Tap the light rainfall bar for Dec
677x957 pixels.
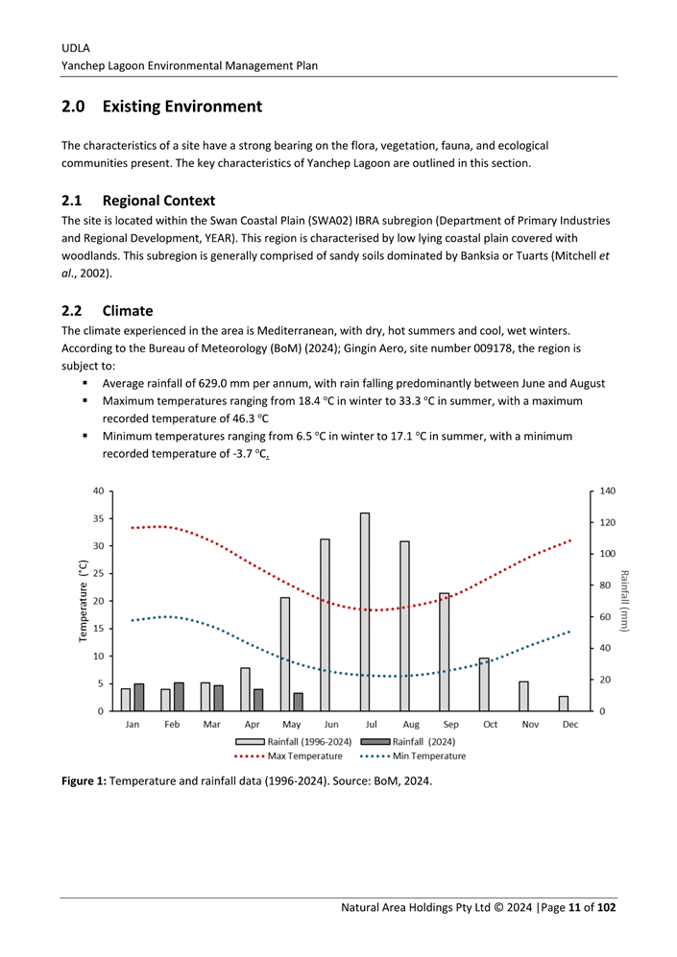coord(564,704)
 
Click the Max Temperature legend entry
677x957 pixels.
coord(288,756)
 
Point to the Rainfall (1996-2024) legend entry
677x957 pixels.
coord(293,741)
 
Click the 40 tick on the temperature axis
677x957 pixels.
coord(99,490)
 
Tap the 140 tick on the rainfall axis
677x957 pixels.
coord(608,490)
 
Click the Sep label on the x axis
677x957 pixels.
coord(450,725)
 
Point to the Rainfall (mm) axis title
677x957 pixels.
coord(623,601)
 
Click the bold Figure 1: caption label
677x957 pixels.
coord(85,780)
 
